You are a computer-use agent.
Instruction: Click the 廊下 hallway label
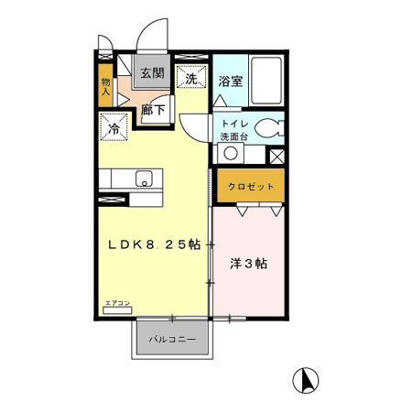(152, 109)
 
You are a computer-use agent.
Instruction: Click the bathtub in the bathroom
(268, 81)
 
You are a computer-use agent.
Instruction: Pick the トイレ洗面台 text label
(231, 129)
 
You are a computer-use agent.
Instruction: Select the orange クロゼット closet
(251, 186)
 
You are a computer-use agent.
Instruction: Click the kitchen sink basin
(145, 179)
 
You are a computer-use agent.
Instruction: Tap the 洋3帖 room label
(247, 264)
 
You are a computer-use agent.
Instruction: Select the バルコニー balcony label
(174, 340)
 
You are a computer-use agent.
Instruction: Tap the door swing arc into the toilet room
(195, 126)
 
